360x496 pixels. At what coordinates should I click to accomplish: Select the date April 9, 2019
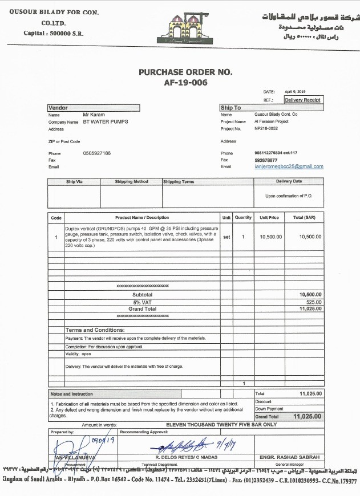(296, 91)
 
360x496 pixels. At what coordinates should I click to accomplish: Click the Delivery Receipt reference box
(302, 100)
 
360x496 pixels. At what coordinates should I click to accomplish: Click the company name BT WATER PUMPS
(106, 121)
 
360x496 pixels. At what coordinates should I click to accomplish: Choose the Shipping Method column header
(131, 182)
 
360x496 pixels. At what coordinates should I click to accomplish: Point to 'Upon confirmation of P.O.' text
(289, 196)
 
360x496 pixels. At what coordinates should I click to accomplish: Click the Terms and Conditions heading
(95, 330)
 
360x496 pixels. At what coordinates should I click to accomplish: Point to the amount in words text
(221, 425)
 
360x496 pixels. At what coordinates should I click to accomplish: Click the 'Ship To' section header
(230, 108)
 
